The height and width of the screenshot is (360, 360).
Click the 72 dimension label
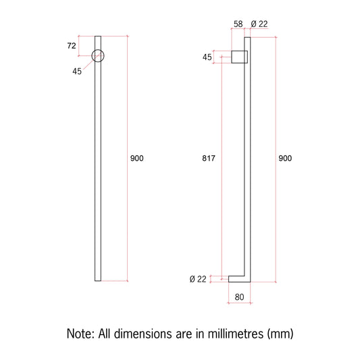pos(72,46)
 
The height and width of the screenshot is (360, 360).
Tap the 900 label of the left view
pos(137,158)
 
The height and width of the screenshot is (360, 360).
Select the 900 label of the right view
pos(285,158)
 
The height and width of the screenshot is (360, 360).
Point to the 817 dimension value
pos(209,158)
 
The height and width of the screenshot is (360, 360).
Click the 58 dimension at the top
pos(238,24)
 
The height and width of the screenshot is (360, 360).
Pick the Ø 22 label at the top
pos(259,24)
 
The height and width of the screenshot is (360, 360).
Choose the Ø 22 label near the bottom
pos(198,279)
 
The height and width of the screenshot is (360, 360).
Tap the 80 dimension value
pos(239,297)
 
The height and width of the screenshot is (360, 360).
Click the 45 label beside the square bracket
pos(207,57)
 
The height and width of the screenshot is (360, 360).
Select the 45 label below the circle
pos(77,72)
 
